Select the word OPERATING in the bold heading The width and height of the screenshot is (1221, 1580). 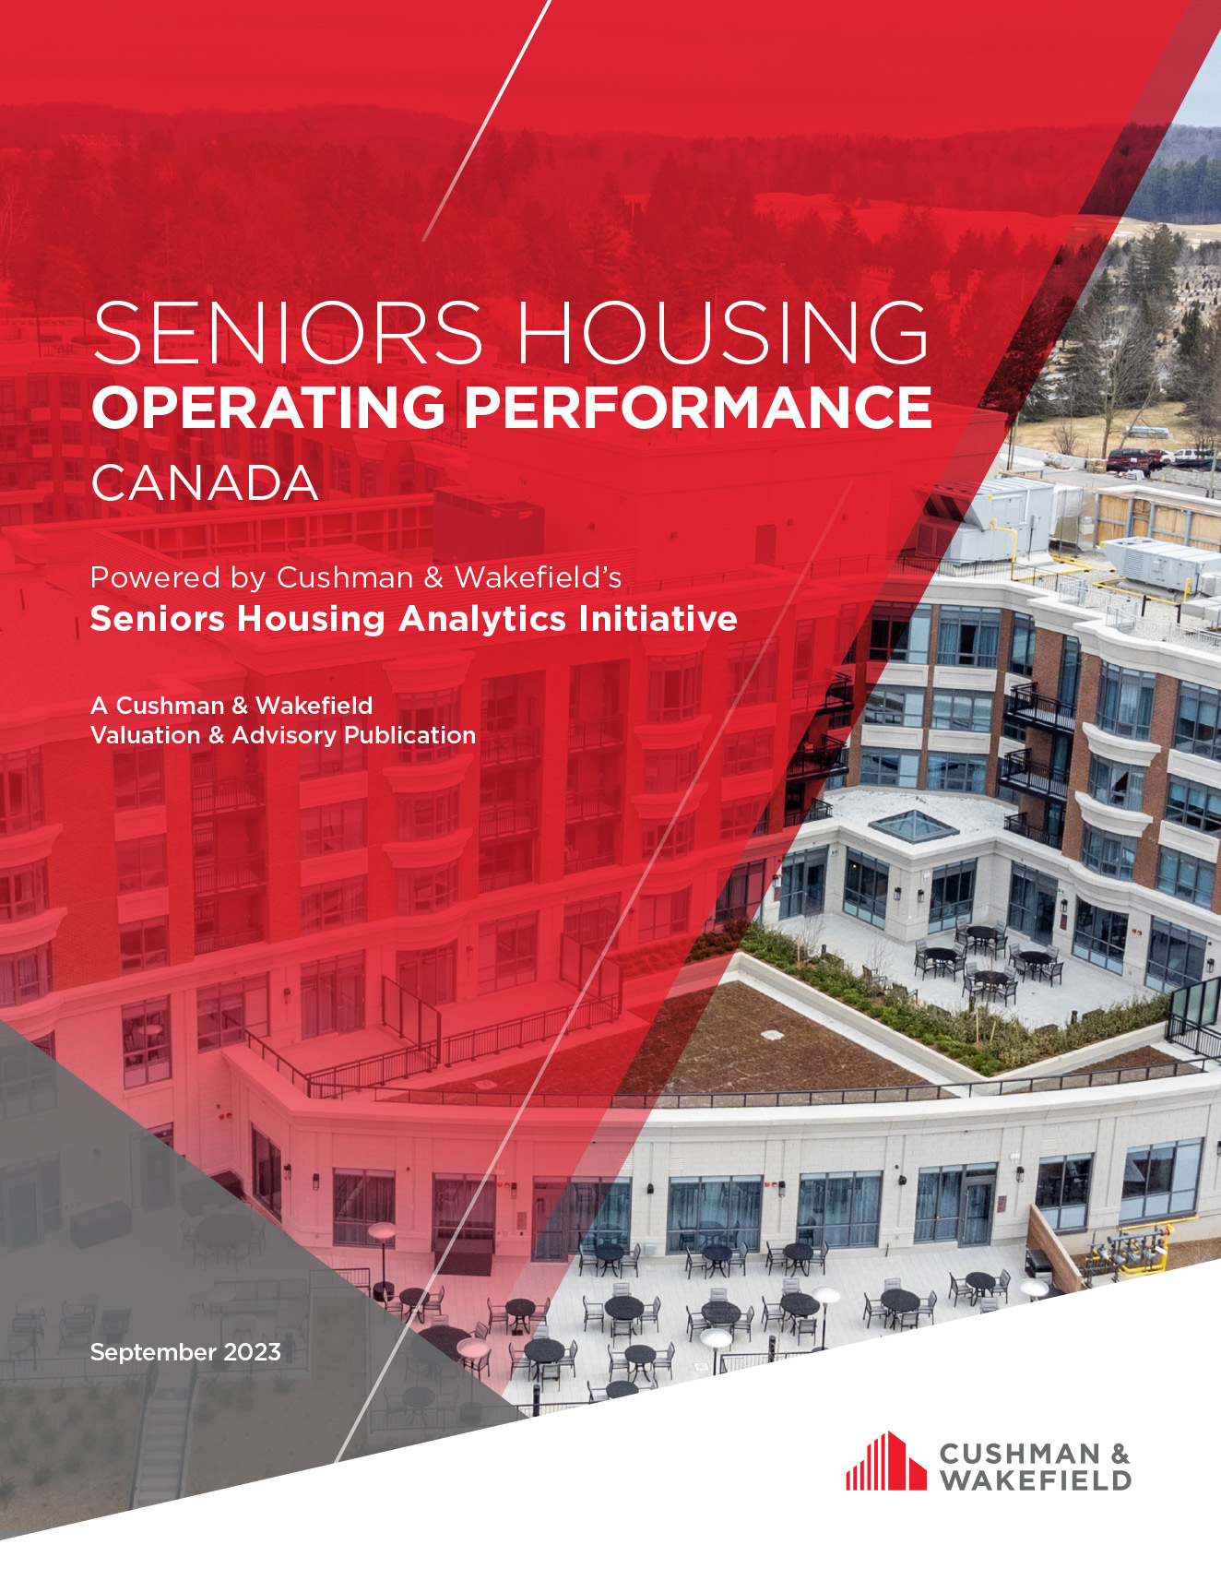[x=268, y=407]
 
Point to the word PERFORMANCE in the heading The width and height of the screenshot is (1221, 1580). [x=698, y=407]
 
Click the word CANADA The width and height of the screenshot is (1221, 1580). [x=205, y=483]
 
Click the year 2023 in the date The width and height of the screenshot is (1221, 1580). [x=252, y=1352]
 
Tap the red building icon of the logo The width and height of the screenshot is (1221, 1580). [x=885, y=1462]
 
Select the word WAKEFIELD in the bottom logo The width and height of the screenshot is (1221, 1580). [x=1035, y=1481]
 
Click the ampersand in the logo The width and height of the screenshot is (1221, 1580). [x=1120, y=1455]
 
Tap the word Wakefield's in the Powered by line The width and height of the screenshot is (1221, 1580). [x=538, y=578]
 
